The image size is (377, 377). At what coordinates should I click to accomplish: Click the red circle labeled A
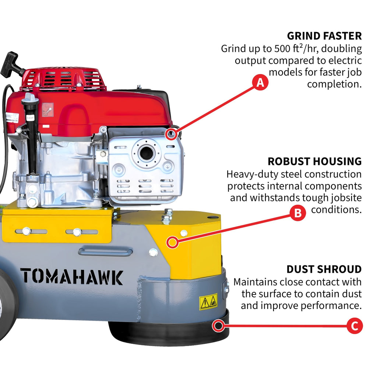pos(260,83)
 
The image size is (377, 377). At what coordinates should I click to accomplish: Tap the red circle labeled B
pos(298,213)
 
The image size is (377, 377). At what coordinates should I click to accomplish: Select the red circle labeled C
pos(355,326)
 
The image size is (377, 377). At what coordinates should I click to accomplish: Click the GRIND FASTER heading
pos(324,36)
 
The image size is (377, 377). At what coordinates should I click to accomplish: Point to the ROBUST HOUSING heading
pos(314,161)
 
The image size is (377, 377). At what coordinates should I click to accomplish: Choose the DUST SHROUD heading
pos(324,269)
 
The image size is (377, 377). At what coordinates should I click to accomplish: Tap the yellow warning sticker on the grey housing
pos(208,302)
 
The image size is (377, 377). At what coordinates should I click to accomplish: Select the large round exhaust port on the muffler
pos(147,153)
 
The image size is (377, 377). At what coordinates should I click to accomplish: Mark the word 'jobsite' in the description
pos(343,198)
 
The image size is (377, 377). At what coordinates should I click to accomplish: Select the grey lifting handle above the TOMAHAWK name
pos(105,252)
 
